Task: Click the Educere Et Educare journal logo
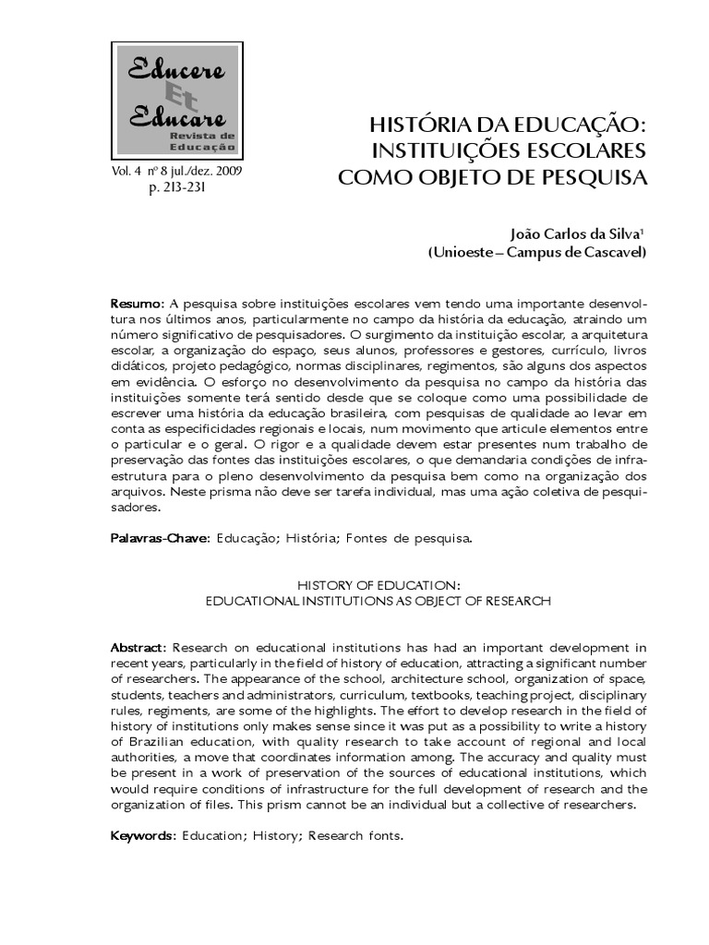pos(176,99)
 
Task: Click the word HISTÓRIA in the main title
pos(422,125)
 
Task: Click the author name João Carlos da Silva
pos(571,233)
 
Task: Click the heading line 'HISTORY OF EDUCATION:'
pos(379,584)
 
